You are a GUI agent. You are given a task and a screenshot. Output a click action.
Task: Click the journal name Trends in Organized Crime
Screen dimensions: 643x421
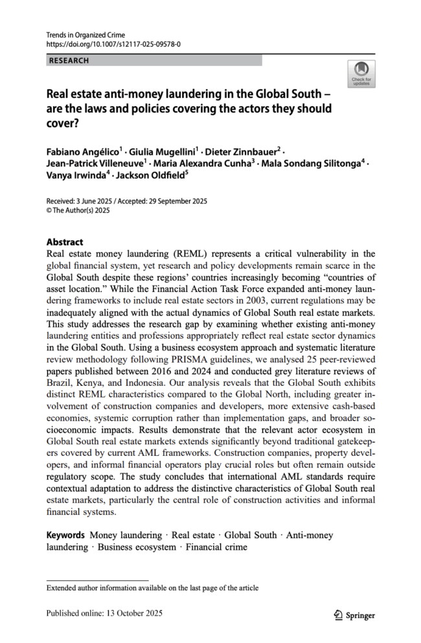[x=86, y=34]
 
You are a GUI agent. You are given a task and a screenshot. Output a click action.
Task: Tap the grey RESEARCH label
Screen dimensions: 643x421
[x=69, y=61]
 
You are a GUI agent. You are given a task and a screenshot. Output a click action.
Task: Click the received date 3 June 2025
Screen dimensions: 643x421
[x=92, y=201]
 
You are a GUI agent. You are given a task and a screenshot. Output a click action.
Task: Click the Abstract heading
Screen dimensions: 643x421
[x=65, y=242]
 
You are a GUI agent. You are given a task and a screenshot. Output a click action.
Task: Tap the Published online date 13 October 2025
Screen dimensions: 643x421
[x=129, y=613]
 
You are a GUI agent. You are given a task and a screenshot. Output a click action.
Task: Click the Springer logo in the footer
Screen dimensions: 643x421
[x=354, y=614]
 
